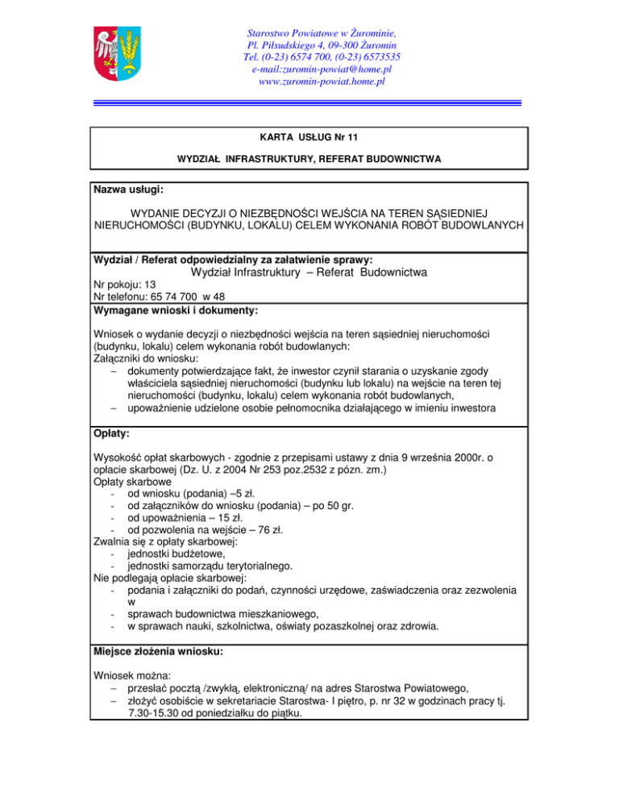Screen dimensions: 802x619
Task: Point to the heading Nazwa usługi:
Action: click(x=129, y=190)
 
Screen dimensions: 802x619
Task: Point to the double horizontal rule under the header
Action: click(x=309, y=102)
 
